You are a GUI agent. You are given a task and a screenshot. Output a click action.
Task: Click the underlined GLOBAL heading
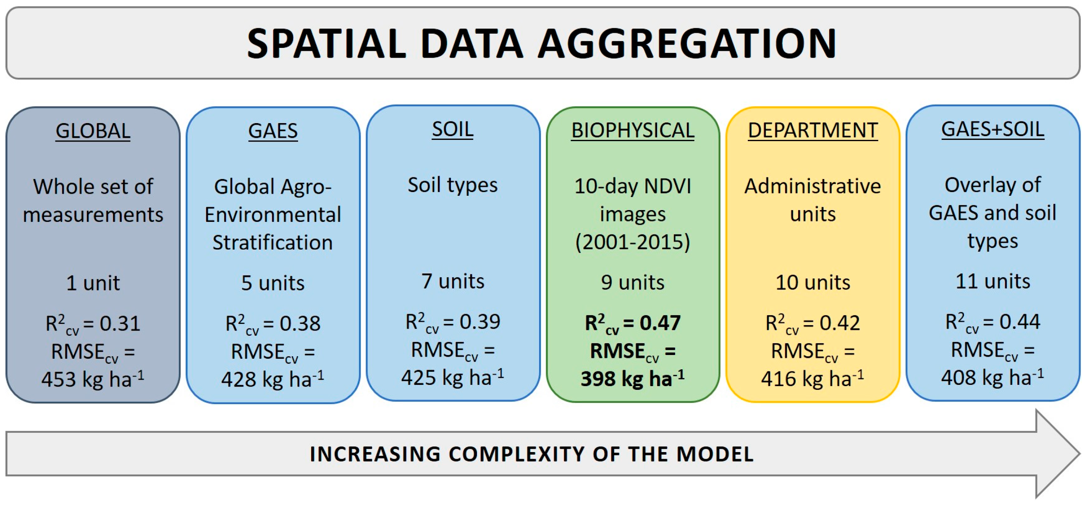[93, 131]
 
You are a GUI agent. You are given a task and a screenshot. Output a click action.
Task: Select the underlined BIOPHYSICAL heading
[632, 130]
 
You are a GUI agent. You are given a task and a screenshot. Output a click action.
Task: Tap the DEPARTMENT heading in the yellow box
[812, 130]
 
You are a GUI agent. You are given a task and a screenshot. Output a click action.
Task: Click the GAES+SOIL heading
[993, 129]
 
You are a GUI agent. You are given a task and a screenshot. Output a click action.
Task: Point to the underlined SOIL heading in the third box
[452, 129]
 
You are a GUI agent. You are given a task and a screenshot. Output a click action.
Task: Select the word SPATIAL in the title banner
[326, 44]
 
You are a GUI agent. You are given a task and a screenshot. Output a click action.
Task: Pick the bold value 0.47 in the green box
[660, 323]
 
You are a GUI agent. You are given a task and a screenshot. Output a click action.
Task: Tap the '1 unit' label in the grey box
[93, 282]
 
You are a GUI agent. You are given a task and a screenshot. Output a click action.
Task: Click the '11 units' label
[993, 281]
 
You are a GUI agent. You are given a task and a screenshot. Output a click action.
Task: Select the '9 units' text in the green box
[632, 282]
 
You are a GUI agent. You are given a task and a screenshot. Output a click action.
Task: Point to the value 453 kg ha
[86, 379]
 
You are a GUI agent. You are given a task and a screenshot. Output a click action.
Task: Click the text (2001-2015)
[632, 242]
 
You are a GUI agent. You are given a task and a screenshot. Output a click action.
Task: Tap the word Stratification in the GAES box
[272, 242]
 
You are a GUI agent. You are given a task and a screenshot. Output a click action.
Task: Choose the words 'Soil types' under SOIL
[452, 185]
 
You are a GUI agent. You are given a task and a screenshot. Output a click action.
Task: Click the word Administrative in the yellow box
[812, 186]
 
